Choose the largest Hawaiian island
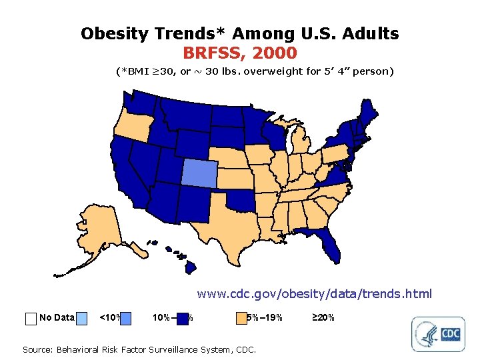(x=189, y=267)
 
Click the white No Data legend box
(x=30, y=318)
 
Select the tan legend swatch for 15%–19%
(x=241, y=318)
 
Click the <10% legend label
(x=109, y=317)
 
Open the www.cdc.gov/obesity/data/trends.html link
(x=314, y=293)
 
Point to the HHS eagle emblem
(x=425, y=333)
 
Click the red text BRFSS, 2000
(x=239, y=52)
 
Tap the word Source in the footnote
(x=39, y=349)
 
